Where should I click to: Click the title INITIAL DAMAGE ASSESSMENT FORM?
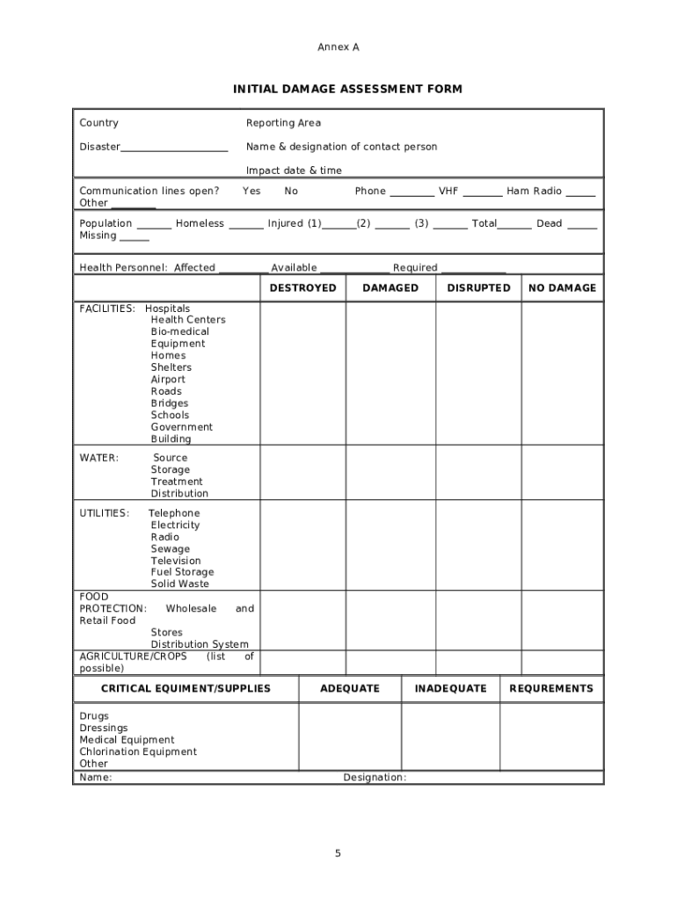(x=347, y=89)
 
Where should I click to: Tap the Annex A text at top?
(x=338, y=47)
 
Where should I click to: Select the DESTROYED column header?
(x=302, y=287)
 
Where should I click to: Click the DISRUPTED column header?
(x=478, y=287)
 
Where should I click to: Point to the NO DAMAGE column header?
(x=562, y=287)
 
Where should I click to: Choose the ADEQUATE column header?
(x=350, y=688)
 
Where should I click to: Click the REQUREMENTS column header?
(x=551, y=688)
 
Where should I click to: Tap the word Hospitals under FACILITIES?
(x=167, y=308)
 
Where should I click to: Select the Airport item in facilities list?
(x=168, y=380)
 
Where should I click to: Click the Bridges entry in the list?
(x=169, y=403)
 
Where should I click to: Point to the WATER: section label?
(x=99, y=458)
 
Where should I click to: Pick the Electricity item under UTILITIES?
(x=175, y=525)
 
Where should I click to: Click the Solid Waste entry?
(x=179, y=584)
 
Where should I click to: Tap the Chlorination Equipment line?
(x=138, y=751)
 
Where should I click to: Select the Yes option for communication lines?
(x=251, y=191)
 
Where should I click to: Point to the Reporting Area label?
(x=283, y=123)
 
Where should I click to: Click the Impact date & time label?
(x=294, y=171)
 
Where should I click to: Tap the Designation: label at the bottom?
(x=375, y=777)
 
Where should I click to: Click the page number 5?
(x=338, y=853)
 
